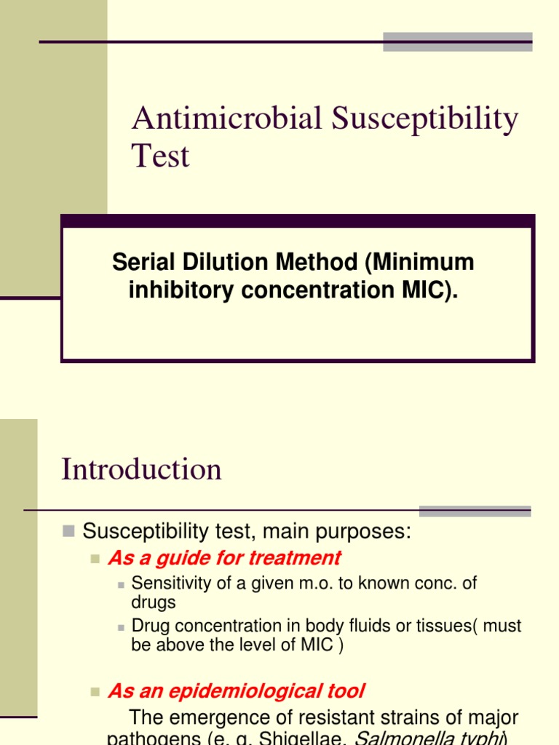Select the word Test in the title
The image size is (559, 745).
coord(160,156)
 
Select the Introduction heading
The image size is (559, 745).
coord(141,469)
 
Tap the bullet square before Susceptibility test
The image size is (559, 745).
coord(68,531)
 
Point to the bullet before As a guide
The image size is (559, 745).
coord(94,559)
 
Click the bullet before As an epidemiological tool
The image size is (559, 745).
coord(94,691)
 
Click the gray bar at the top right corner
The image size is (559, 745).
coord(457,41)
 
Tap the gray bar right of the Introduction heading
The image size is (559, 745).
coord(475,511)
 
